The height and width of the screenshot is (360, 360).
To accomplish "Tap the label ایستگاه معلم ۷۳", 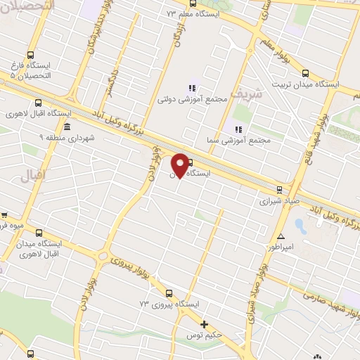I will pyautogui.click(x=193, y=13).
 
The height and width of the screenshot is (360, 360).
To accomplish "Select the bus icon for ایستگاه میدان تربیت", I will pyautogui.click(x=304, y=72).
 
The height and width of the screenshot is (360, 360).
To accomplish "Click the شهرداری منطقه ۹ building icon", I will pyautogui.click(x=66, y=127).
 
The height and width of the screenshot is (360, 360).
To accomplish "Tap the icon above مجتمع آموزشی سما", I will pyautogui.click(x=238, y=129).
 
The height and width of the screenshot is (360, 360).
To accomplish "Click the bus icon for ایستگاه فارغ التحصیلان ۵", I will pyautogui.click(x=30, y=54).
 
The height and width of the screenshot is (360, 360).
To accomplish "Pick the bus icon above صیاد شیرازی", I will pyautogui.click(x=279, y=188).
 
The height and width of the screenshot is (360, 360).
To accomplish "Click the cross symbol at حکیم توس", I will pyautogui.click(x=204, y=324).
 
